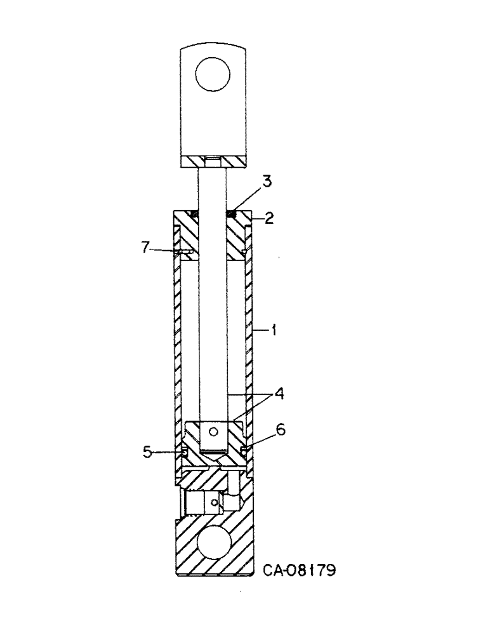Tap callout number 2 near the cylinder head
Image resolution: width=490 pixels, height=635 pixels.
coord(269,219)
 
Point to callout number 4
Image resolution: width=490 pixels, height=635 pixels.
coord(279,394)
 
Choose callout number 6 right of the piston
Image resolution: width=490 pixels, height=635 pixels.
coord(280,430)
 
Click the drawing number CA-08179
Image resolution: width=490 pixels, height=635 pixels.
coord(299,570)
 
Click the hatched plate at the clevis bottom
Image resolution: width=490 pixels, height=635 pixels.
coord(213,163)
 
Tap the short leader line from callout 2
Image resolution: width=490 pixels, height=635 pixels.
coord(258,219)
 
